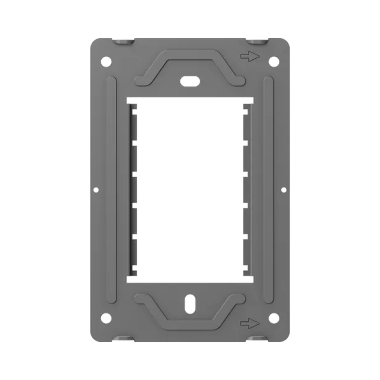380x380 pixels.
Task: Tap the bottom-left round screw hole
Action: [106, 318]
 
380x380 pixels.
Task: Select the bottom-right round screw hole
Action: [274, 318]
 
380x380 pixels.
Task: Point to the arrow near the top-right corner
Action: [250, 56]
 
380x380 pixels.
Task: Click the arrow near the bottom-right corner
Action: [250, 323]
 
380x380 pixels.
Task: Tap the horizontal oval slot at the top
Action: [190, 81]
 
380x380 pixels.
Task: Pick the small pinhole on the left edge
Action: [96, 190]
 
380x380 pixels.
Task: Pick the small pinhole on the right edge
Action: [284, 190]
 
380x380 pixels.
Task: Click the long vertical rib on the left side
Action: [111, 190]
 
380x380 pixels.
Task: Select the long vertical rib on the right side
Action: [268, 190]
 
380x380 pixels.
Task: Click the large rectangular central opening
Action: [190, 190]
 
